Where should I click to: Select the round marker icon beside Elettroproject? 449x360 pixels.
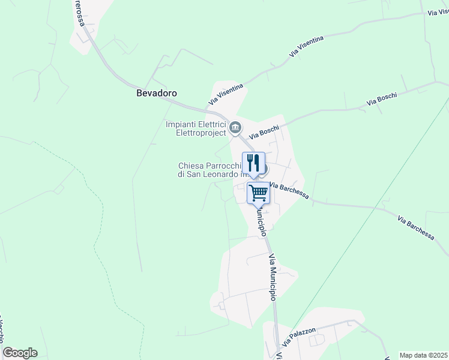click(x=235, y=127)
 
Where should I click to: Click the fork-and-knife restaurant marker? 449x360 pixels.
click(x=253, y=162)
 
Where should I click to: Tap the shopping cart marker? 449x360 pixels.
click(x=258, y=194)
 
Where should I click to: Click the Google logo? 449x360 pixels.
click(x=20, y=353)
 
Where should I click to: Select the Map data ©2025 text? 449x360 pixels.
click(x=423, y=355)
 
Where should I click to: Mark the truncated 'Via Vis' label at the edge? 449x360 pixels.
click(x=438, y=11)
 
